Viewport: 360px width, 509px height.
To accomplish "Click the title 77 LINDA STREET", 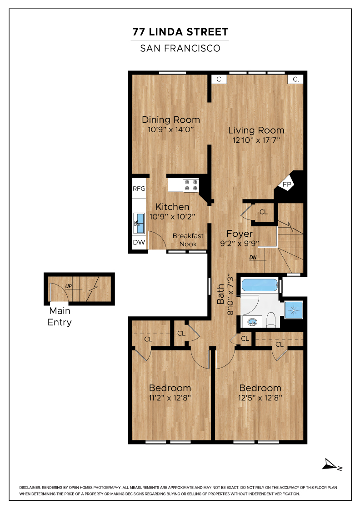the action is click(x=180, y=32).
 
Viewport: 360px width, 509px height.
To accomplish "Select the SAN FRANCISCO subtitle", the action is click(x=180, y=48).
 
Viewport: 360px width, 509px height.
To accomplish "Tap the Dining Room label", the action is click(x=171, y=120).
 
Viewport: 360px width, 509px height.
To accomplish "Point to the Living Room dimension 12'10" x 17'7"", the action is click(x=256, y=140).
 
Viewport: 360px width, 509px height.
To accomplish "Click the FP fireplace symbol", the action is click(x=287, y=185).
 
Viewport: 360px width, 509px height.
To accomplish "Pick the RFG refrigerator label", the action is click(x=139, y=189).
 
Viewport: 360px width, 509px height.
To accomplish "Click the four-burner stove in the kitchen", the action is click(x=191, y=185).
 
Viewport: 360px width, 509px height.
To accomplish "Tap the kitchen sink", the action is click(x=139, y=223).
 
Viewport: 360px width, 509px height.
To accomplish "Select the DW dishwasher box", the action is click(x=139, y=242).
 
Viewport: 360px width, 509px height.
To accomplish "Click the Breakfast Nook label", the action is click(x=188, y=240).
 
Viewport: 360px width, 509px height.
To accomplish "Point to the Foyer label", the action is click(x=240, y=234).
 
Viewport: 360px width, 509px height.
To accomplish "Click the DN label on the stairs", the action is click(x=253, y=257).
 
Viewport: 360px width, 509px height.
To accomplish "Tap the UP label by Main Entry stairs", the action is click(x=69, y=286).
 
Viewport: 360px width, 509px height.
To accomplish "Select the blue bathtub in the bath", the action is click(x=260, y=284).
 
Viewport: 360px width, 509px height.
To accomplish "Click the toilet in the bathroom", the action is click(x=271, y=319).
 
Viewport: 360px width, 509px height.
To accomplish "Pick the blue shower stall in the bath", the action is click(x=294, y=310).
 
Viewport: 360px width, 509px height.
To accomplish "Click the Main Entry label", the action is click(x=60, y=316).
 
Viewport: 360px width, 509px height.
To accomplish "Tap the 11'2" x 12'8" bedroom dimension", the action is click(x=170, y=398).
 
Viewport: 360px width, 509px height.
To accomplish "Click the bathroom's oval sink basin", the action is click(x=253, y=322).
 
